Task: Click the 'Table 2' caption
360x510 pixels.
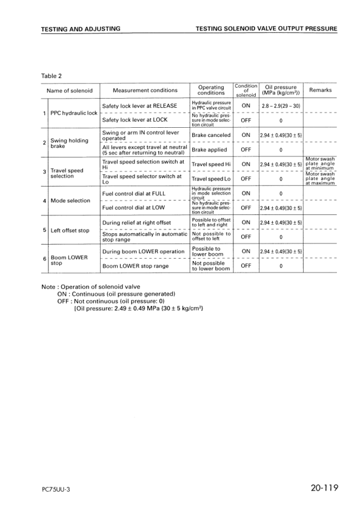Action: coord(53,76)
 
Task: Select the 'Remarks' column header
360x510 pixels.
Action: coord(320,90)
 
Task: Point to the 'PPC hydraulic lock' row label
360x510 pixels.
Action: coord(73,113)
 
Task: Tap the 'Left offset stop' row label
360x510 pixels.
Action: coord(70,230)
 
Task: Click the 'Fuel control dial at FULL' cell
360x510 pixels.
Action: coord(134,193)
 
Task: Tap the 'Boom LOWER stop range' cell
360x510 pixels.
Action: coord(135,266)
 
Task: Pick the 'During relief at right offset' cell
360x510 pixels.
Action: coord(136,222)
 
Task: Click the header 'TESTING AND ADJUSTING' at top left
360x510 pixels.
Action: coord(80,28)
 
